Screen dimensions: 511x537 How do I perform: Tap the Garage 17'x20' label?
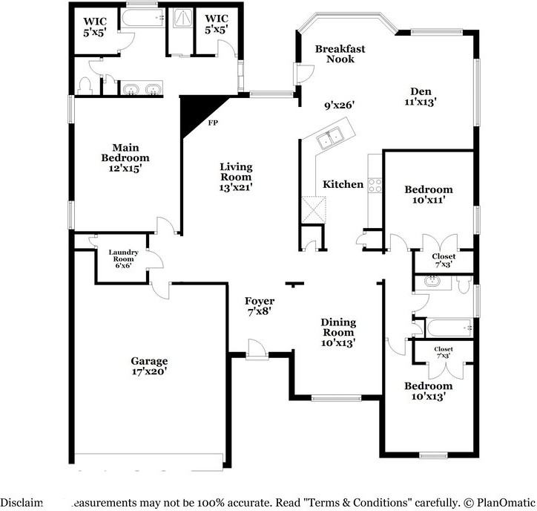pyautogui.click(x=151, y=365)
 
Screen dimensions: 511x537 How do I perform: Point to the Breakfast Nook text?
pyautogui.click(x=340, y=53)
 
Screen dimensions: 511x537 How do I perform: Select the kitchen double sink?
pyautogui.click(x=329, y=137)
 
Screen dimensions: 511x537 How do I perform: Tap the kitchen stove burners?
pyautogui.click(x=375, y=185)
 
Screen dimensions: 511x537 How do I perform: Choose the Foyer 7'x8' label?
pyautogui.click(x=259, y=306)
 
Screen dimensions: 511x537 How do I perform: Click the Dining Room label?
pyautogui.click(x=338, y=332)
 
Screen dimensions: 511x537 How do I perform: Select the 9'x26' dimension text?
pyautogui.click(x=340, y=105)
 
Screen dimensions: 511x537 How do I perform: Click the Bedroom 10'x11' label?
pyautogui.click(x=428, y=195)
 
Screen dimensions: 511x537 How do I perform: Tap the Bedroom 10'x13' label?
pyautogui.click(x=428, y=391)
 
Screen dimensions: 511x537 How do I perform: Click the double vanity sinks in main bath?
pyautogui.click(x=142, y=90)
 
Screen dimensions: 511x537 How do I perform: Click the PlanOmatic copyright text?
pyautogui.click(x=497, y=502)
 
